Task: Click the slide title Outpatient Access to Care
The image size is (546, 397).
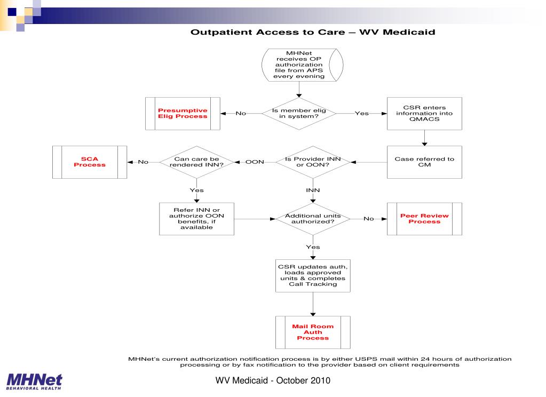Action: click(313, 33)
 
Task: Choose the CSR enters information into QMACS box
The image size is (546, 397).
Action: click(425, 113)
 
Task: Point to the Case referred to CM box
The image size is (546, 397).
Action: click(425, 162)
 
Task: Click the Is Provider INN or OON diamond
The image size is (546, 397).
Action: click(313, 162)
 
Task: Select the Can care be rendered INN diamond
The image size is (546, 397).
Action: click(196, 162)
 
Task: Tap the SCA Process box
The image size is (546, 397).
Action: click(90, 162)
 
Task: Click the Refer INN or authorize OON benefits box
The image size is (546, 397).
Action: click(196, 218)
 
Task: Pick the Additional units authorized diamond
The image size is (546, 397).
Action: click(313, 218)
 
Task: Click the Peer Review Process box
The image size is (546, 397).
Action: click(424, 218)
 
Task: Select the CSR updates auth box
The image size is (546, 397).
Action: click(313, 275)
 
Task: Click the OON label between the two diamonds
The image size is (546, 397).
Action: click(255, 162)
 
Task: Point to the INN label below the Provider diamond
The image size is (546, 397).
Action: click(313, 190)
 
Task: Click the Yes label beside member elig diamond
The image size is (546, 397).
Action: click(361, 113)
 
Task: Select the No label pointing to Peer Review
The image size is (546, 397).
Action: click(368, 218)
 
